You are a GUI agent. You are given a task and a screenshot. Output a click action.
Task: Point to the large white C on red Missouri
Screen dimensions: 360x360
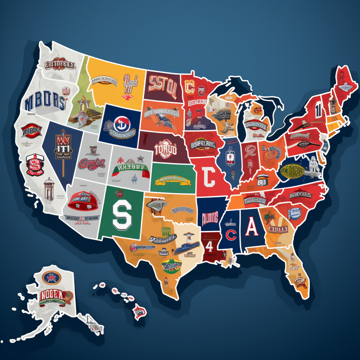coord(209,178)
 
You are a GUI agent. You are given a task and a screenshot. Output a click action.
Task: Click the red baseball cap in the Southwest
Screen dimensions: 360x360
coord(81,200)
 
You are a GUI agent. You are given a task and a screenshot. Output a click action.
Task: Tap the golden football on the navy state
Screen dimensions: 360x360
coord(294,170)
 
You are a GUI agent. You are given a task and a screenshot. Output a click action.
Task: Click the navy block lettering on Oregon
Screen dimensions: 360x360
coord(45,101)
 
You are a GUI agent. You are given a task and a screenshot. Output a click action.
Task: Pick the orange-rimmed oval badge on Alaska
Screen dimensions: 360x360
coord(51,277)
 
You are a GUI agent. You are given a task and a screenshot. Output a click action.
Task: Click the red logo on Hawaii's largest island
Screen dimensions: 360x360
coord(139,311)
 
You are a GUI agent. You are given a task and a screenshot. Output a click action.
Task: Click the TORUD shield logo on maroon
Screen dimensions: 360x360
coord(165,149)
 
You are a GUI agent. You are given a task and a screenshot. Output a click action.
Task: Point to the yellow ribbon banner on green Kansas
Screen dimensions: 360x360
coord(173,180)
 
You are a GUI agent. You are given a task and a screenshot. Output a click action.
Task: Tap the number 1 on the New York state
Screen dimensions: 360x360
coord(318,109)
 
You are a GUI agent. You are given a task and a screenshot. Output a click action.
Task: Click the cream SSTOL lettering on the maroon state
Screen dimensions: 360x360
coord(163,84)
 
